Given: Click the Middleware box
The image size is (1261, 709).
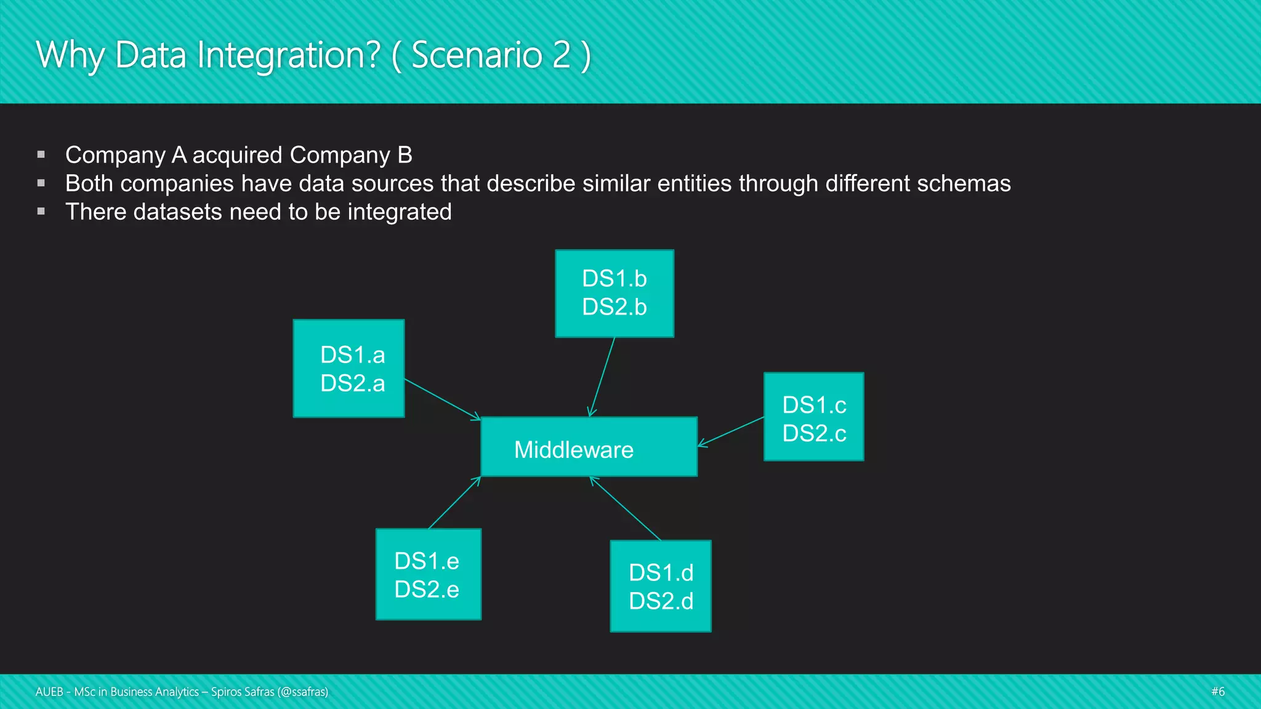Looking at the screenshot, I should click(589, 447).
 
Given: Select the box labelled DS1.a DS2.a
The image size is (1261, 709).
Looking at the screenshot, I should click(348, 369).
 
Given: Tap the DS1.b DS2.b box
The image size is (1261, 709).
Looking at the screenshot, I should click(614, 294).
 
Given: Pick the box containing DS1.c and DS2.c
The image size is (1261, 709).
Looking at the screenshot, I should click(813, 417).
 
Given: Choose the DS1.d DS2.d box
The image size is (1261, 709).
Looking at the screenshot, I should click(661, 586).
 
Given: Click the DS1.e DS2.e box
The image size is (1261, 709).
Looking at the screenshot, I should click(429, 574).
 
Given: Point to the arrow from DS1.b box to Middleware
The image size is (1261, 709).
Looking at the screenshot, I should click(602, 377).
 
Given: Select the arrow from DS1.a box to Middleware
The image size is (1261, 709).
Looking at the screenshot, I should click(441, 399).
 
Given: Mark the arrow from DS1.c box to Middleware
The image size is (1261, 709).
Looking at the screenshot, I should click(731, 431).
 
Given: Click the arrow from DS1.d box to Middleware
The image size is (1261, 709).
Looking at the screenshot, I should click(625, 508).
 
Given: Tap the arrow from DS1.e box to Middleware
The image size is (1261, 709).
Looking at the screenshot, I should click(454, 502).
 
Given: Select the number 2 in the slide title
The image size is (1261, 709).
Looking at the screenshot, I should click(561, 55).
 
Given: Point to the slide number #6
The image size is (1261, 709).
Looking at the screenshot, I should click(1217, 691).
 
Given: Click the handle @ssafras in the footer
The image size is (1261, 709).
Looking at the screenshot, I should click(302, 692).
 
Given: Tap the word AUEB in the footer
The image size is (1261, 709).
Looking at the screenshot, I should click(49, 692).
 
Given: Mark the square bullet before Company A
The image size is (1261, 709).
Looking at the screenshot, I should click(41, 154).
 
